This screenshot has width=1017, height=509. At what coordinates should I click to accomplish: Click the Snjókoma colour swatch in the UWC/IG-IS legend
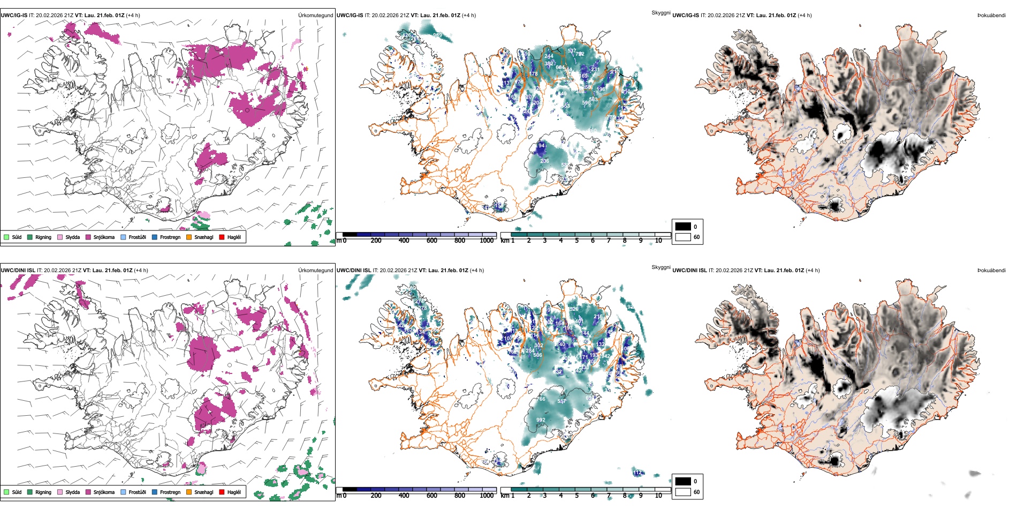(x=88, y=237)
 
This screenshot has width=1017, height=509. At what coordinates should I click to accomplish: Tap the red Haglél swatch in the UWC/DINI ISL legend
(x=222, y=492)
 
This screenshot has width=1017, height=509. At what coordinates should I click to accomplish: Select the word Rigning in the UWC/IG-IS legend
(x=43, y=237)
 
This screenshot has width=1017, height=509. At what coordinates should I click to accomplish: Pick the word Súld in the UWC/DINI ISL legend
(x=17, y=492)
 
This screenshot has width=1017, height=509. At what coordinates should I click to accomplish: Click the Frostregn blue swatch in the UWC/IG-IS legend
(x=155, y=237)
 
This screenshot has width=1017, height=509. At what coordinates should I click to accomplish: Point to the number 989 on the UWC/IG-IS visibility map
(x=437, y=35)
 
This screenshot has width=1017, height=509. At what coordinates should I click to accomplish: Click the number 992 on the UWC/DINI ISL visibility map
(x=541, y=420)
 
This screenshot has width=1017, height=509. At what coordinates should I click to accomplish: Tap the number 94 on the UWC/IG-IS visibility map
(x=541, y=146)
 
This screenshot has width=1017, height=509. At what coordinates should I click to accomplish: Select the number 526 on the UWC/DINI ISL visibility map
(x=574, y=309)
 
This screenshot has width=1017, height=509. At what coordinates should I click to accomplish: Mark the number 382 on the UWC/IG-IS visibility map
(x=549, y=64)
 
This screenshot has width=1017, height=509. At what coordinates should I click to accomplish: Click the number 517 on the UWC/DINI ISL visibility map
(x=561, y=401)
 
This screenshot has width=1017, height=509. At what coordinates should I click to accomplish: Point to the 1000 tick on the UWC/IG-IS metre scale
(x=487, y=241)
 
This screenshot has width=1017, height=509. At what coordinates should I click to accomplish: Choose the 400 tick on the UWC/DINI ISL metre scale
(x=404, y=496)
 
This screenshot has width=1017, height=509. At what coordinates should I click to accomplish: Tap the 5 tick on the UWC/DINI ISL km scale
(x=576, y=496)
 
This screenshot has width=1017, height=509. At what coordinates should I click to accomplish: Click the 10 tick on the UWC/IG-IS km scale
(x=658, y=241)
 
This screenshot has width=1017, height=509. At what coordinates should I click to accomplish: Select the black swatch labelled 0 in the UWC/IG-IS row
(x=683, y=227)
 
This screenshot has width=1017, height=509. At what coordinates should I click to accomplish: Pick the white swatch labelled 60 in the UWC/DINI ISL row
(x=683, y=492)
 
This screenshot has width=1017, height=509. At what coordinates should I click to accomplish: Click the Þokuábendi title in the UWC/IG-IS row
(x=991, y=16)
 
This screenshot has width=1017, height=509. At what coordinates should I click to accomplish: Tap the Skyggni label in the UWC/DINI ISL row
(x=661, y=267)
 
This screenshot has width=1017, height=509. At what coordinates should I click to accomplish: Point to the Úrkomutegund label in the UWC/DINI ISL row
(x=315, y=271)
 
